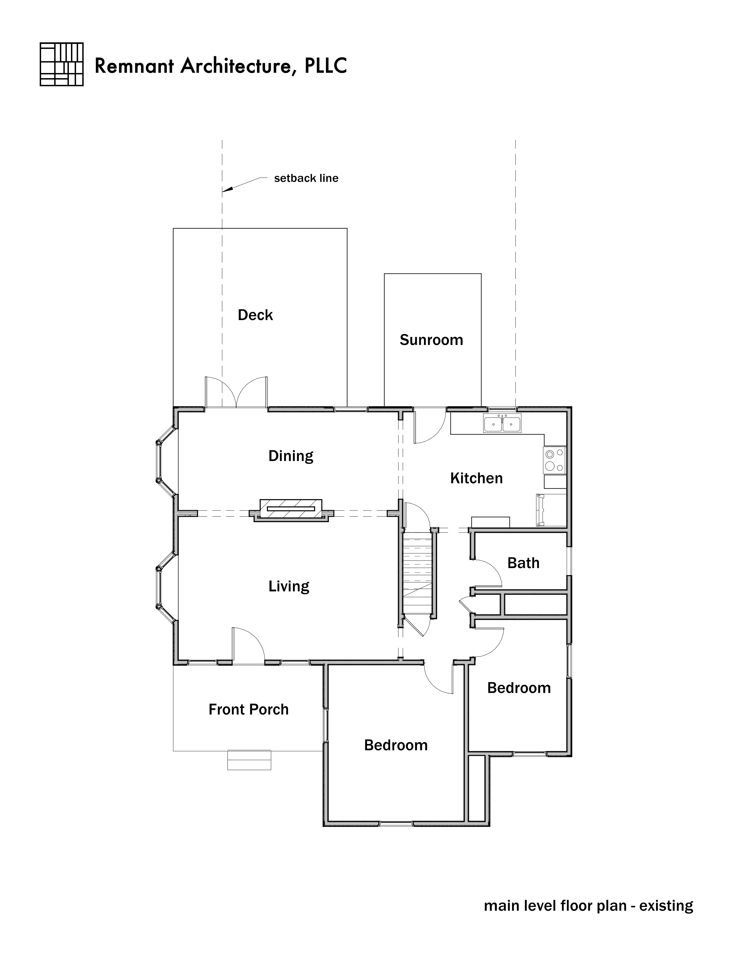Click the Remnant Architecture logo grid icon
(x=62, y=64)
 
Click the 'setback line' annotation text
(x=306, y=178)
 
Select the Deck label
(x=255, y=315)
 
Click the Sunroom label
(x=432, y=340)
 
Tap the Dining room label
(x=291, y=456)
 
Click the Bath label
(x=523, y=563)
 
